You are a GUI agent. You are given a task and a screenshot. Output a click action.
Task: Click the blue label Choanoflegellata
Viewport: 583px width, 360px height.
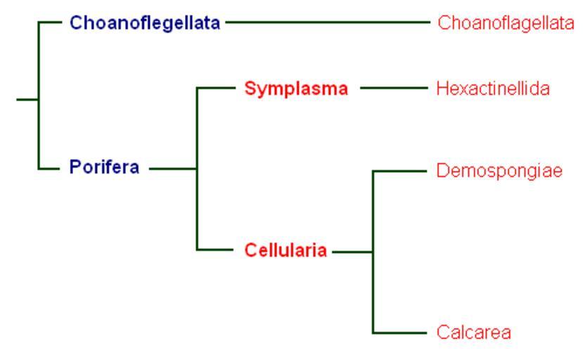coord(145,23)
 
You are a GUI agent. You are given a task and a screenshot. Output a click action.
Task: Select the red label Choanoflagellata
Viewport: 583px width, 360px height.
coord(506,23)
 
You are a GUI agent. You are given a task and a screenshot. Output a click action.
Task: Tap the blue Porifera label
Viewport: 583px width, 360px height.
coord(105,167)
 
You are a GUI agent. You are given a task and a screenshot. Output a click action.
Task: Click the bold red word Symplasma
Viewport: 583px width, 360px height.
coord(296,89)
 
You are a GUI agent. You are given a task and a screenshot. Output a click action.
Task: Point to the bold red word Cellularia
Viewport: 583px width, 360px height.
coord(286,250)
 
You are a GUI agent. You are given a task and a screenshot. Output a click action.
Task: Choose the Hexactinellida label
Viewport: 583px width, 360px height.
coord(493,89)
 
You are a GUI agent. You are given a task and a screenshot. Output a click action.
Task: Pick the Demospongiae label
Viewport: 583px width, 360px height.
coord(499,171)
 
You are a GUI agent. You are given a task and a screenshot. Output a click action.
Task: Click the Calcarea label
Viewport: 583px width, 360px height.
coord(474,332)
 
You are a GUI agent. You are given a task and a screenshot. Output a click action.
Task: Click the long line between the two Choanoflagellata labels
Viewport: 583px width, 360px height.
coord(328,22)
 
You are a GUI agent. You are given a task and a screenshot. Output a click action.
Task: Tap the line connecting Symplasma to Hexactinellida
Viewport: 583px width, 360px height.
coord(394,88)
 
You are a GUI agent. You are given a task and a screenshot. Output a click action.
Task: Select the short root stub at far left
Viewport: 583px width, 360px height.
coord(27,100)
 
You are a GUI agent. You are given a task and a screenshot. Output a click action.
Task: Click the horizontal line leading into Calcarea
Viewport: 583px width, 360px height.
coord(399,333)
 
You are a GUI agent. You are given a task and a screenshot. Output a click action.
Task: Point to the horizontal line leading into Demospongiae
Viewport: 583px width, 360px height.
coord(399,171)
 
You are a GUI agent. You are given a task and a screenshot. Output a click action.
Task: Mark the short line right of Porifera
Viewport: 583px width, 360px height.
coord(173,169)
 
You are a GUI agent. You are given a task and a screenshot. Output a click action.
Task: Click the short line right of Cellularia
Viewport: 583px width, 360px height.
coord(352,252)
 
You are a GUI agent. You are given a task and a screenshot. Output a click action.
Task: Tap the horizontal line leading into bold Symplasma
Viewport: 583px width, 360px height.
coord(216,88)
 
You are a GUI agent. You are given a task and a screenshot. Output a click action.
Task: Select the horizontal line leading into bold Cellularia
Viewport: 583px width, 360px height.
coord(215,250)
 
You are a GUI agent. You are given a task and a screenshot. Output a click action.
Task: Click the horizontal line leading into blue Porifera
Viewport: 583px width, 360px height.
coord(49,169)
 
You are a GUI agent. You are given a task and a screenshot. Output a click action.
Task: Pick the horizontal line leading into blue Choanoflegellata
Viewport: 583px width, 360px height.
coord(49,22)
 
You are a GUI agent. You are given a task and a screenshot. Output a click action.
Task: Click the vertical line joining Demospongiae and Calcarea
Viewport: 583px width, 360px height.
coord(373,252)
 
